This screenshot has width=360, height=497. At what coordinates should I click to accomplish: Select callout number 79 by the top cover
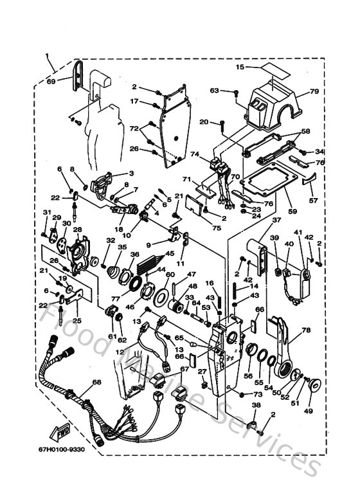coord(314,91)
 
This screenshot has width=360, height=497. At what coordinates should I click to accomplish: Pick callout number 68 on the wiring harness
coord(97,382)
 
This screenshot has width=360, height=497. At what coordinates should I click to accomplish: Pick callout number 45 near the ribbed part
coord(170,253)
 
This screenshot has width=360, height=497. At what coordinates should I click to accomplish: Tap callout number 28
coord(77,230)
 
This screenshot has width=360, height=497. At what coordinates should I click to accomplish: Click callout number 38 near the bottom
coord(255,406)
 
